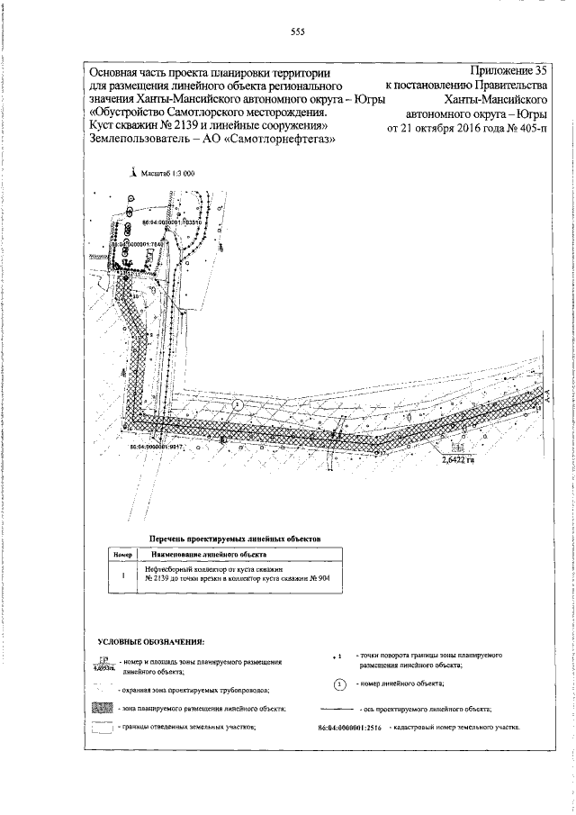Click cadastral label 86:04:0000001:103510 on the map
[175, 221]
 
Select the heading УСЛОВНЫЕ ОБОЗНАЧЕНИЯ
[151, 641]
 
